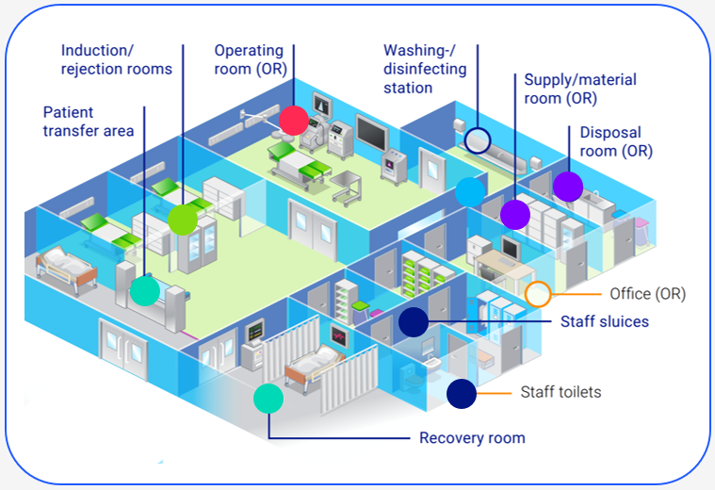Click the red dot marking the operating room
click(x=293, y=120)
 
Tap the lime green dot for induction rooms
click(x=182, y=219)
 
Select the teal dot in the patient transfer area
click(x=144, y=290)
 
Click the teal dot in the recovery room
click(x=268, y=399)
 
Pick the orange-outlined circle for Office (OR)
click(x=538, y=294)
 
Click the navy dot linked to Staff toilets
click(x=461, y=393)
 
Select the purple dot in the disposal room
click(x=568, y=187)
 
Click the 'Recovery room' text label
click(x=472, y=438)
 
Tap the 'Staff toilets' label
click(x=561, y=391)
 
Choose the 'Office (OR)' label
click(x=647, y=294)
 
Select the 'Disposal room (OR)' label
click(x=616, y=141)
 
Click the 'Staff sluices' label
click(x=604, y=321)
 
